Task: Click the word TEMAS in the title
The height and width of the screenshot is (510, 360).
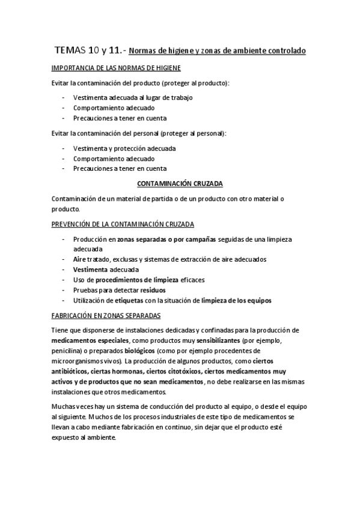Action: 70,51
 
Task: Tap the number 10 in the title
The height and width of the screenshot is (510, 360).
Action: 95,51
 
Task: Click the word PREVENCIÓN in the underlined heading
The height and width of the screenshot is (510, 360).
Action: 73,224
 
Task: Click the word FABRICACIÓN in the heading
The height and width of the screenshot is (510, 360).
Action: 73,316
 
